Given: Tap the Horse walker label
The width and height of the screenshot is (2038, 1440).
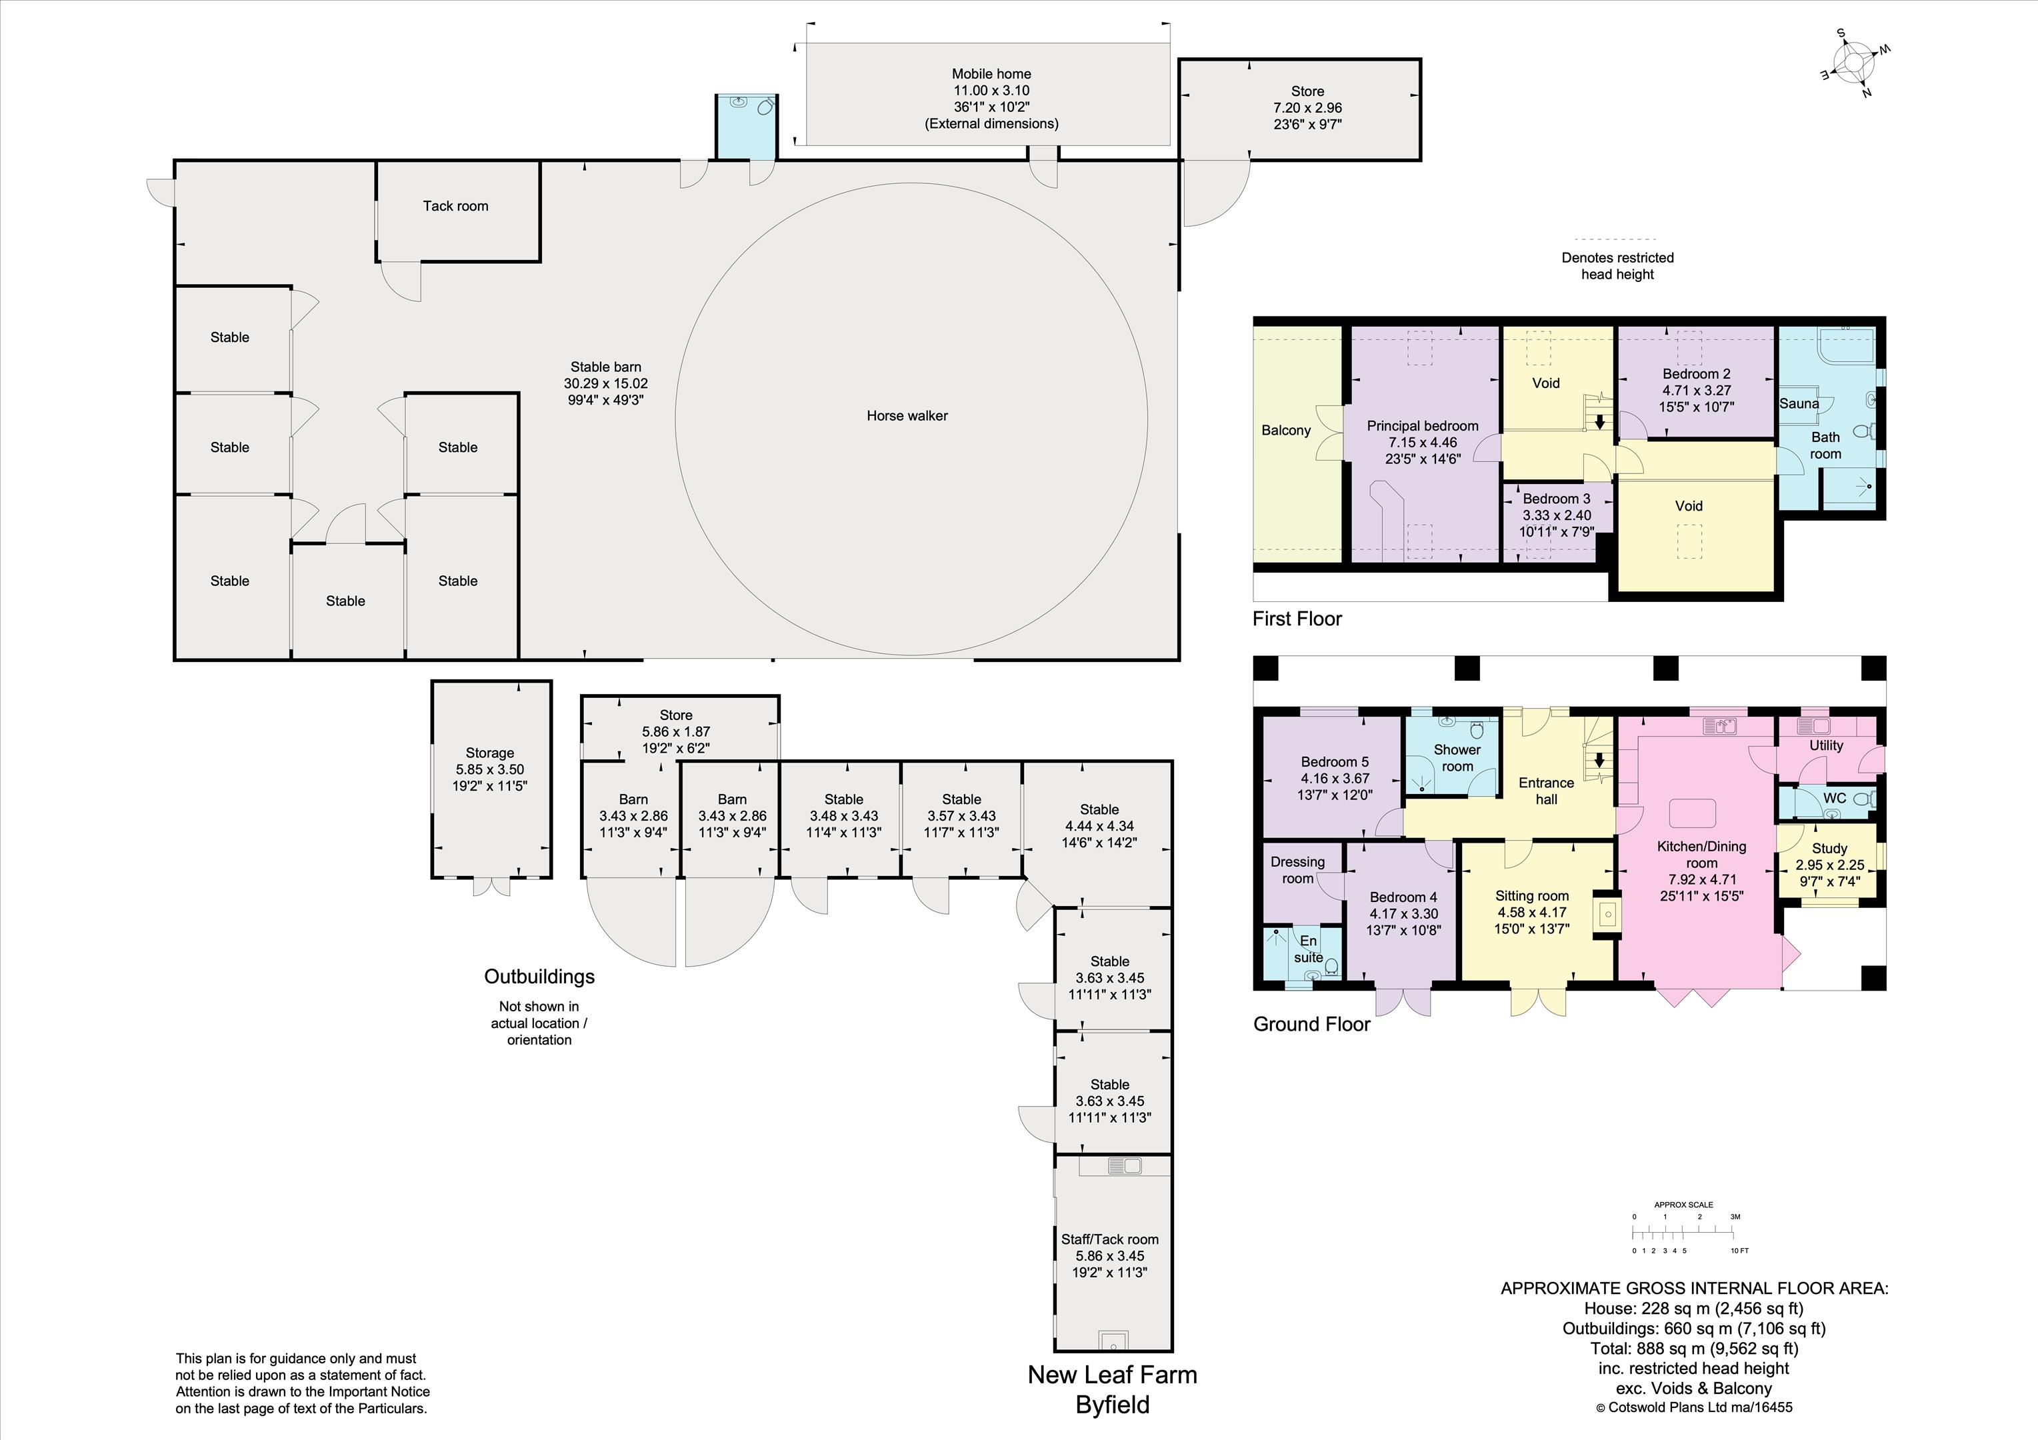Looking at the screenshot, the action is coord(907,415).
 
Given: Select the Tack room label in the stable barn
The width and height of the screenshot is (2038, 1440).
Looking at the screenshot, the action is coord(455,206).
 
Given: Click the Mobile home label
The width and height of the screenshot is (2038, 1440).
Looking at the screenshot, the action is coord(991,74).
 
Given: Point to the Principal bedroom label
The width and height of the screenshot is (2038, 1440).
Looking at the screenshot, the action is coord(1423,426).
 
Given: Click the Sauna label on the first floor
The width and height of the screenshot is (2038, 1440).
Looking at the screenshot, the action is coord(1799,404).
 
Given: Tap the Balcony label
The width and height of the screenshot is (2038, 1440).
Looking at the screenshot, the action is coord(1286,431).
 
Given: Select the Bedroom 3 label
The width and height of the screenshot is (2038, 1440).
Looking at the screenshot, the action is coord(1557,499).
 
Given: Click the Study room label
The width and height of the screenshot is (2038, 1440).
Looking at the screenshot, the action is coord(1829,849).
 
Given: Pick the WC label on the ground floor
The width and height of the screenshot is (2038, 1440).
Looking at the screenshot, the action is coord(1835,798).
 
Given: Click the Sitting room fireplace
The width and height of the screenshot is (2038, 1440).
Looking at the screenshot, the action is coord(1607,913).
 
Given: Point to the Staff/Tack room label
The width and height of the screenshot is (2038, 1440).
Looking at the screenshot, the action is coord(1109,1239).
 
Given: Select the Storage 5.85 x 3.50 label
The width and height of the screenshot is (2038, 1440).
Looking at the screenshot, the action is coord(490,770).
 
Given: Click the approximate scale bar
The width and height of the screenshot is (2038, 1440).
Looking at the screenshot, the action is coord(1684,1232).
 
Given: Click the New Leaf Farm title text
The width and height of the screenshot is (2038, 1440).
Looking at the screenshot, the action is coord(1112,1375).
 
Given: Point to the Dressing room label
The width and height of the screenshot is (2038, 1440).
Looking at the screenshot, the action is coord(1298,870).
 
